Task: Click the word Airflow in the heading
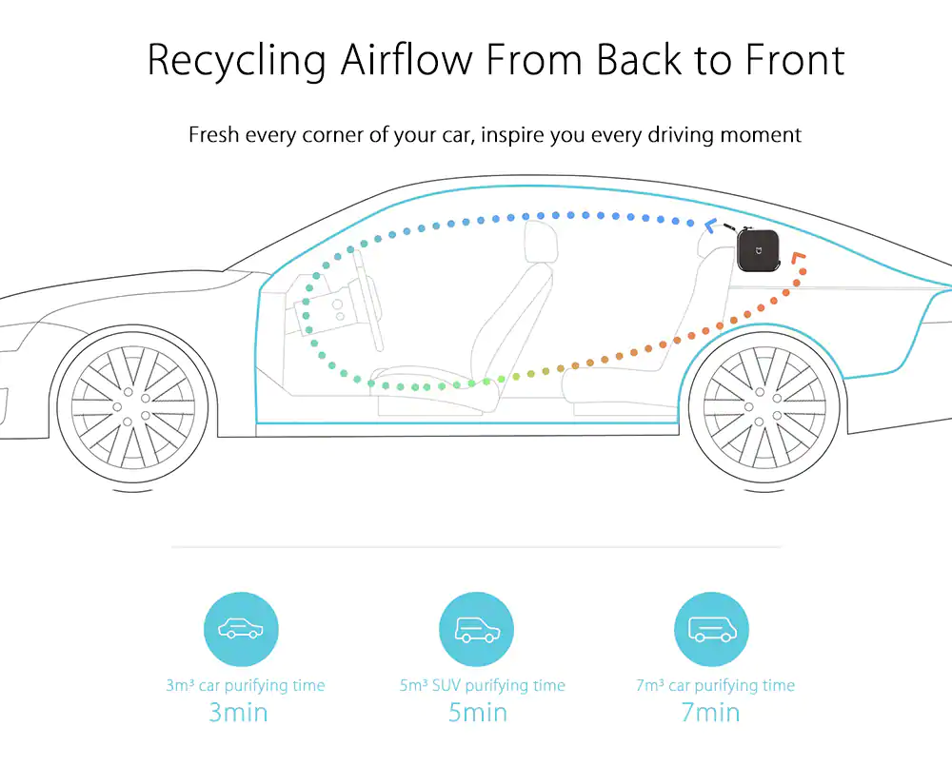[x=407, y=59]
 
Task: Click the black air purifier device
[x=757, y=250]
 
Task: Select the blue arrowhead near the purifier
[x=710, y=226]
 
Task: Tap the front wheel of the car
[x=132, y=406]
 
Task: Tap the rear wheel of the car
[x=764, y=406]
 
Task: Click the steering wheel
[x=367, y=301]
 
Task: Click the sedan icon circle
[x=241, y=629]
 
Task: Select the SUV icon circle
[x=477, y=629]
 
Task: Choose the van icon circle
[x=711, y=629]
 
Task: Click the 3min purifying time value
[x=238, y=713]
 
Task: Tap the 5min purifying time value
[x=478, y=713]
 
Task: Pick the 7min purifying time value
[x=710, y=713]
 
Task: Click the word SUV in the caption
[x=446, y=686]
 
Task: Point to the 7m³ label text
[x=650, y=686]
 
